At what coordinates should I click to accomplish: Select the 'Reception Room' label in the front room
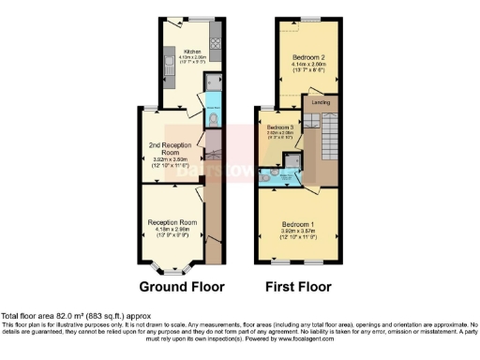click(x=171, y=222)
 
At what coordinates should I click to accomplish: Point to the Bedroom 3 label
click(x=279, y=127)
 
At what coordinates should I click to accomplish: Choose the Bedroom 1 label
click(x=298, y=224)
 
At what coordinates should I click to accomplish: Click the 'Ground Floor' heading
click(x=177, y=286)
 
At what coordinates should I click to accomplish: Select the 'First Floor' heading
click(x=299, y=286)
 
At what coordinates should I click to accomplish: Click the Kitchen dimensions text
click(x=193, y=61)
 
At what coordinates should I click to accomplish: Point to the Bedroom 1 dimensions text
click(x=298, y=234)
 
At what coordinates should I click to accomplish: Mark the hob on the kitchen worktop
click(x=214, y=42)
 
